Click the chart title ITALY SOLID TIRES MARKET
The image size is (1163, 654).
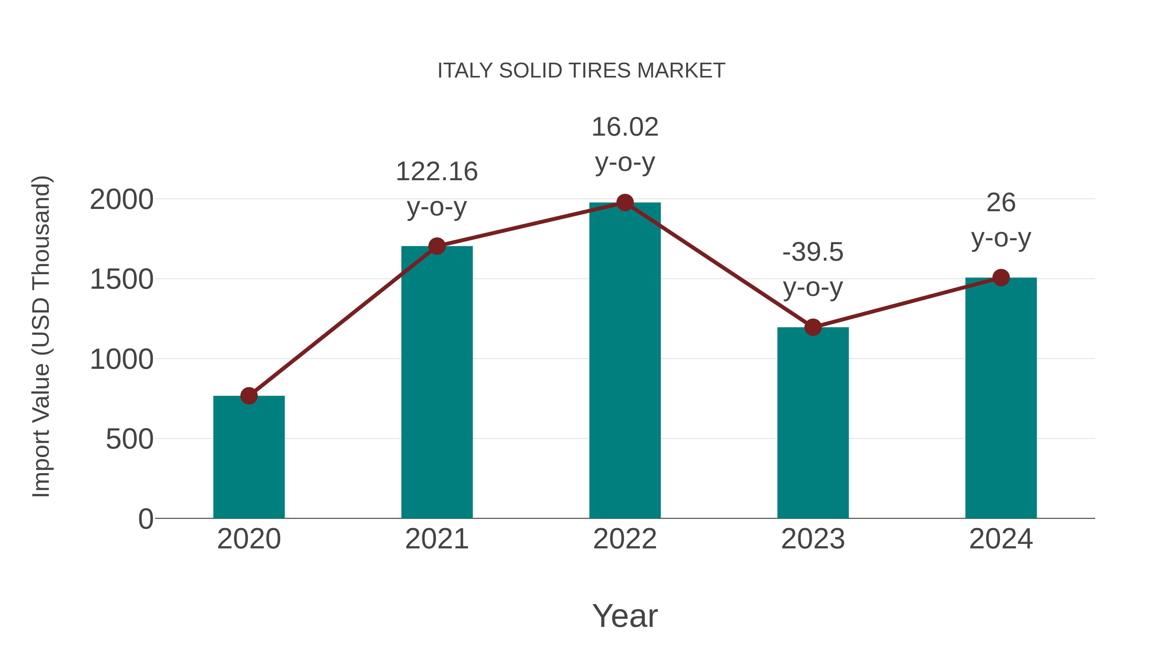point(581,71)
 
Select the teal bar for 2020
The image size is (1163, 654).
point(249,457)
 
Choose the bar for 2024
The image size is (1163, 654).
point(1001,398)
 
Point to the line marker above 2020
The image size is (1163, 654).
point(249,396)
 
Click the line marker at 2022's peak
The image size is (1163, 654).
point(625,202)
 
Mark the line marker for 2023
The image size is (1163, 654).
point(813,327)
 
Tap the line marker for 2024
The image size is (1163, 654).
point(1001,277)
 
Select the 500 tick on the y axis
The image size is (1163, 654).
point(129,439)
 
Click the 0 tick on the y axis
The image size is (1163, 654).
point(145,519)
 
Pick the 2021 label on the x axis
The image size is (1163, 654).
point(436,539)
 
